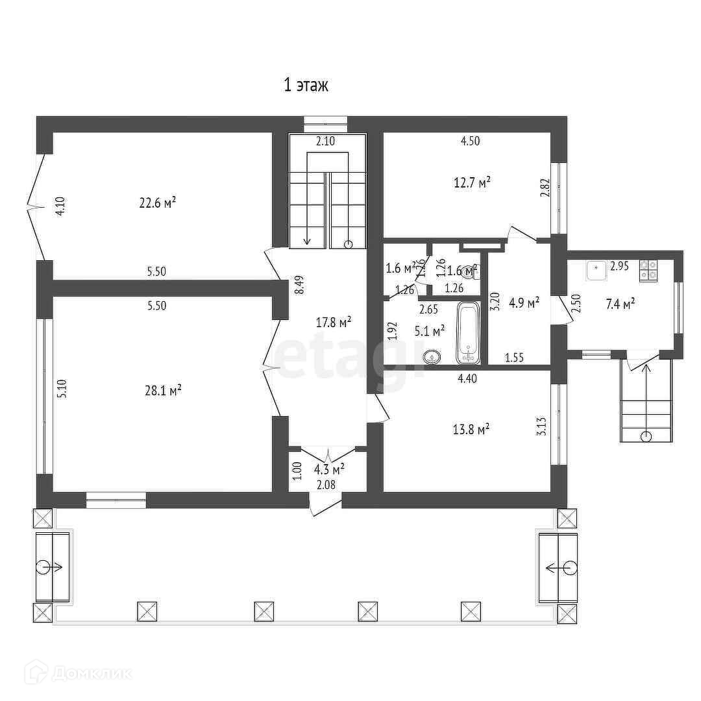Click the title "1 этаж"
306,85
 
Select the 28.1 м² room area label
162,390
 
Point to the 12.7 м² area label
472,182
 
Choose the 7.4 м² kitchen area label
620,302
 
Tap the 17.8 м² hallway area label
334,321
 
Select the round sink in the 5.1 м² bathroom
431,356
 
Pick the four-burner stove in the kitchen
648,269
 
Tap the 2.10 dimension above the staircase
325,141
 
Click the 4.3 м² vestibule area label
329,469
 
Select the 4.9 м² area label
524,302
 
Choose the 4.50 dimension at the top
470,141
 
